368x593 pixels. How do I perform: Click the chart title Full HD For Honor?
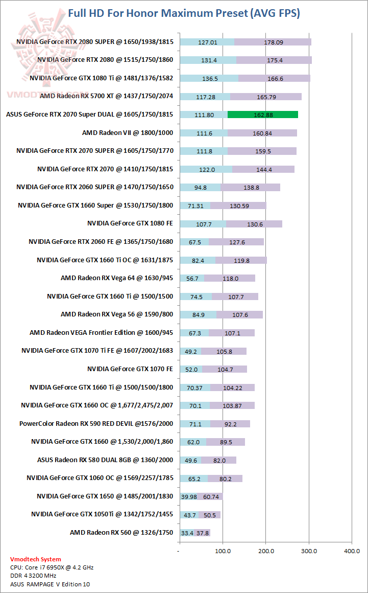tap(184, 13)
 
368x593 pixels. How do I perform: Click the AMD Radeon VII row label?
tap(127, 132)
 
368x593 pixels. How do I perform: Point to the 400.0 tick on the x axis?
tap(352, 551)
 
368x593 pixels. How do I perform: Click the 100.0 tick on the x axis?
tap(223, 551)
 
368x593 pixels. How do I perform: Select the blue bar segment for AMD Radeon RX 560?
tap(187, 533)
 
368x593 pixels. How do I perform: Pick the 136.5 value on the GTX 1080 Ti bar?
tap(209, 78)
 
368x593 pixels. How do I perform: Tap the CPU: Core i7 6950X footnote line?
tap(52, 567)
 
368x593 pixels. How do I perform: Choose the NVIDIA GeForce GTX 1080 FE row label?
tap(130, 223)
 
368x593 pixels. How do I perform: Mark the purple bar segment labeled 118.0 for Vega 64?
tap(230, 278)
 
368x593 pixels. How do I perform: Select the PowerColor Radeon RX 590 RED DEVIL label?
tap(96, 423)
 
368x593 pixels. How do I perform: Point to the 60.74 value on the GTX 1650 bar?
tap(211, 496)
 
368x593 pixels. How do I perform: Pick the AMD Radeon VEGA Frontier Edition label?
tap(101, 332)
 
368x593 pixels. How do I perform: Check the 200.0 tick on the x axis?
tap(265, 551)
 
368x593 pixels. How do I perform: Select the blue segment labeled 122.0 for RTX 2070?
tap(206, 169)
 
